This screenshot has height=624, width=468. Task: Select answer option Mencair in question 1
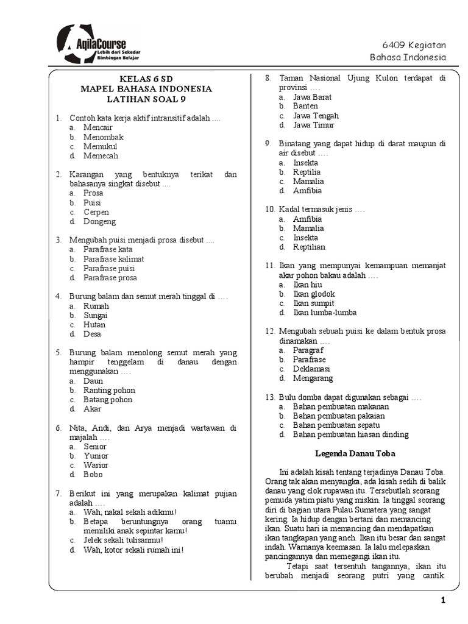[x=98, y=127]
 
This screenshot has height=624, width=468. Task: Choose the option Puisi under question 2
[x=93, y=203]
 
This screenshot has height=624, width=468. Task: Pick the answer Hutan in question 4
[x=94, y=325]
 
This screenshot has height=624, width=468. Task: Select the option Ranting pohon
[x=109, y=391]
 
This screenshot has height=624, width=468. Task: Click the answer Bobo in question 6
[x=93, y=475]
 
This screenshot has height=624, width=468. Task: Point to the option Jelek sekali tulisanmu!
[x=123, y=541]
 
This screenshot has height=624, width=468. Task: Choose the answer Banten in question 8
[x=305, y=106]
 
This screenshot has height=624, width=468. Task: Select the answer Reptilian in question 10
[x=309, y=247]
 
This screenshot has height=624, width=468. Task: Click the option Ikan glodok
[x=314, y=294]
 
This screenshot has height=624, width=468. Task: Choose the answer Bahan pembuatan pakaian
[x=339, y=416]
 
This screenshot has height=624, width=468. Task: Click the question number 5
[x=58, y=353]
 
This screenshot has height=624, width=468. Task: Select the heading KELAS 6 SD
[x=147, y=79]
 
